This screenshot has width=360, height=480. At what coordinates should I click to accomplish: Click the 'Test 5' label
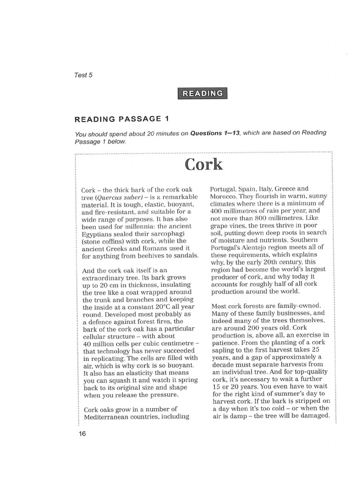83,75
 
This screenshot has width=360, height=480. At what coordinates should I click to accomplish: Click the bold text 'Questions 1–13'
215,134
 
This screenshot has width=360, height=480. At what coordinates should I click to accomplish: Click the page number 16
82,434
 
